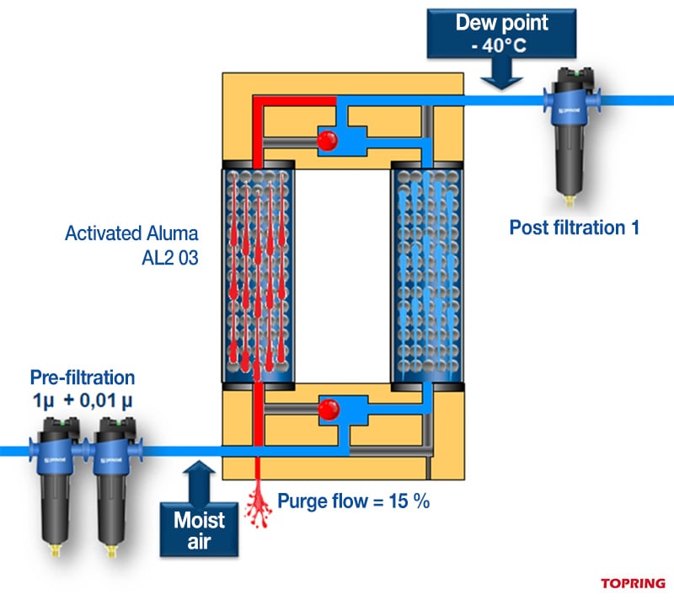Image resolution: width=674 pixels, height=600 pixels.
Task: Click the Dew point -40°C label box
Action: coord(503,34)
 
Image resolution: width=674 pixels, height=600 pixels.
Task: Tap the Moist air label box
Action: coord(199,530)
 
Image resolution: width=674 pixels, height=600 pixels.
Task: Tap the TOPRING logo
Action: coord(633,582)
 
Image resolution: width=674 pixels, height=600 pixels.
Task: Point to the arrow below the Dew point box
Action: coord(503,77)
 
